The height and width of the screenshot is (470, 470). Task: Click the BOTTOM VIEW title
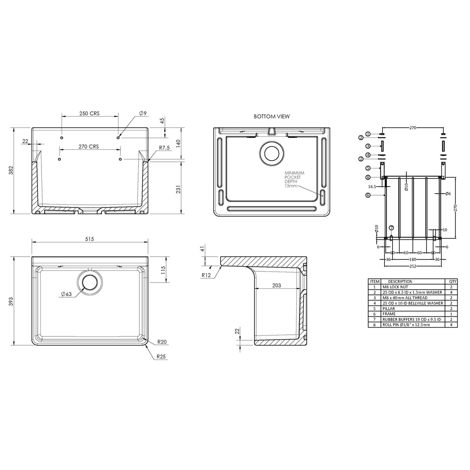[271, 117]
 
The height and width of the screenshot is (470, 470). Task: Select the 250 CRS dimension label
[89, 113]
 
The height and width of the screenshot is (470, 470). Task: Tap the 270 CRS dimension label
[89, 147]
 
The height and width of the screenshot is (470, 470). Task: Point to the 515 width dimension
[89, 239]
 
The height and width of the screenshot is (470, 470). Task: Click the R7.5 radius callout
[164, 148]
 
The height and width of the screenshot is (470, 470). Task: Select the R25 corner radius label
[162, 357]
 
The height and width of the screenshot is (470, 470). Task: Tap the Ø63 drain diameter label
[66, 294]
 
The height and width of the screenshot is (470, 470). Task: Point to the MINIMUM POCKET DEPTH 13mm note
[294, 179]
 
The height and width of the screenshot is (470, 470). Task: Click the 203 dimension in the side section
[276, 286]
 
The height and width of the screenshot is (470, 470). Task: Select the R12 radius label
[206, 275]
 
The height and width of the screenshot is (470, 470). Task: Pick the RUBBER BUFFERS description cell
[412, 319]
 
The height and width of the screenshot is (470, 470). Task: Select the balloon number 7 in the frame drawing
[391, 228]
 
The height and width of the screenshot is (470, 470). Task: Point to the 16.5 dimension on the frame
[372, 186]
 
